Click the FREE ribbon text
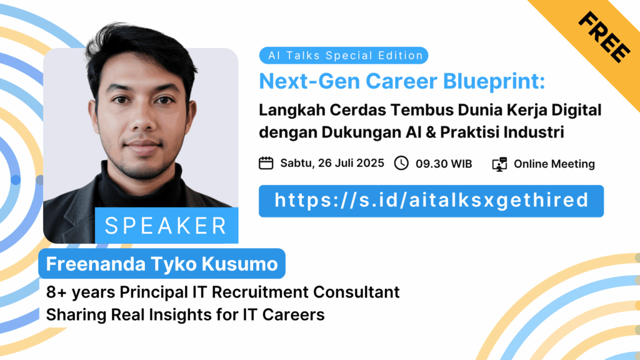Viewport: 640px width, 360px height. tap(604, 37)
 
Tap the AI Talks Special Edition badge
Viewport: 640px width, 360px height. tap(344, 56)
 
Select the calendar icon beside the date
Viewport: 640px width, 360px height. tap(266, 163)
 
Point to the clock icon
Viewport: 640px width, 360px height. tap(401, 163)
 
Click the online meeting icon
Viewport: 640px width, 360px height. tap(499, 164)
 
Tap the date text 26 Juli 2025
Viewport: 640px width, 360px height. tap(351, 163)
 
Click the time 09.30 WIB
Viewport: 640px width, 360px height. tap(444, 164)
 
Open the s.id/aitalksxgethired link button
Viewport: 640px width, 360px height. tap(431, 201)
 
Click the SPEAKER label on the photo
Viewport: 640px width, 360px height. tap(166, 226)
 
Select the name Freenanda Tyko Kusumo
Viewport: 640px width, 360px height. tap(162, 264)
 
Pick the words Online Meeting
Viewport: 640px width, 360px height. tap(554, 164)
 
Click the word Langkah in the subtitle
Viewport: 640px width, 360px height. tap(292, 111)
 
